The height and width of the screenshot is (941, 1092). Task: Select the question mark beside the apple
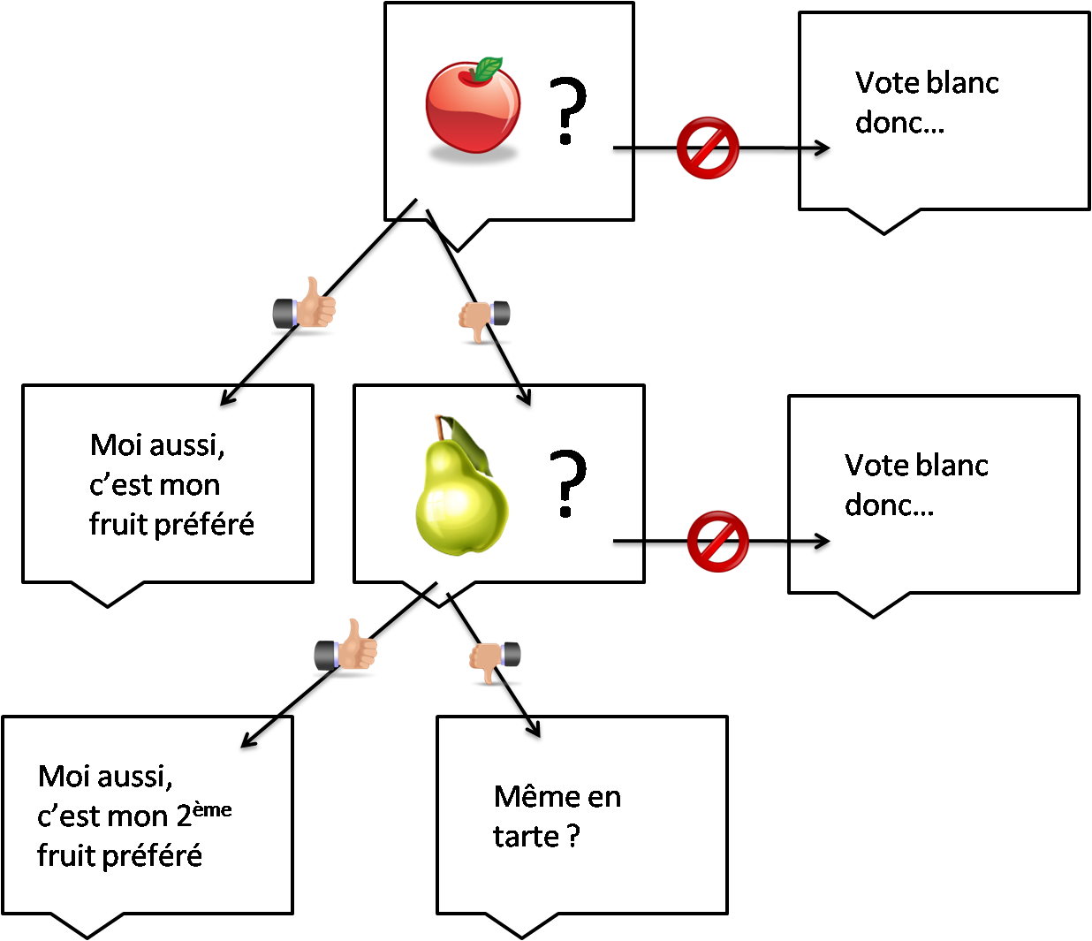[567, 110]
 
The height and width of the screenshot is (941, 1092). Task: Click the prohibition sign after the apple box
[708, 148]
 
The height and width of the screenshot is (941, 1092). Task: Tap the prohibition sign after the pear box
[717, 541]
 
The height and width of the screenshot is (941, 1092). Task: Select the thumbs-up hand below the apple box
[306, 306]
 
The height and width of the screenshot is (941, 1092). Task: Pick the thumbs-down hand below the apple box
[482, 320]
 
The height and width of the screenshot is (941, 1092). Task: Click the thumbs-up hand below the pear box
[347, 648]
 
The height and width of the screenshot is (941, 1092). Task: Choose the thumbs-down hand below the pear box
[494, 661]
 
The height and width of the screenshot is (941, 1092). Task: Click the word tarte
[526, 836]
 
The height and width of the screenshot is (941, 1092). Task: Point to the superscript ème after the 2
[212, 809]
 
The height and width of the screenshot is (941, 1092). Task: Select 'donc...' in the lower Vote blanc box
[889, 505]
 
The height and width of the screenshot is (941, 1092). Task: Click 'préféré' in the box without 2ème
[203, 525]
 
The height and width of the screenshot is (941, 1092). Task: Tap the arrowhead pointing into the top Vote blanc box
[823, 148]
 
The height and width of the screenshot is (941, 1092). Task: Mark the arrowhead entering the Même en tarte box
[533, 728]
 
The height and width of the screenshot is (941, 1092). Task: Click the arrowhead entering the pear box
[525, 397]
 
